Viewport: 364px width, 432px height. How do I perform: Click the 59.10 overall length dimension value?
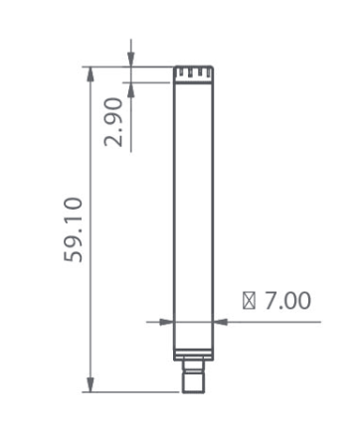point(73,230)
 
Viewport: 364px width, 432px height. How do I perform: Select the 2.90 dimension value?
point(113,122)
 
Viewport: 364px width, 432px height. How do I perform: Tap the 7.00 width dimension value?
point(287,301)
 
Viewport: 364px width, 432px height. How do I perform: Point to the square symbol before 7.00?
point(249,301)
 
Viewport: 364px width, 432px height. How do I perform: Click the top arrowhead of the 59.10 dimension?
point(90,74)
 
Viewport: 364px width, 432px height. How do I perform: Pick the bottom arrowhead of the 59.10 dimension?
point(90,384)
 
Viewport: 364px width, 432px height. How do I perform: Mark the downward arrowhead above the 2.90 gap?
point(131,60)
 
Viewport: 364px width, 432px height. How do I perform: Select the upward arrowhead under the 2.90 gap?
point(131,89)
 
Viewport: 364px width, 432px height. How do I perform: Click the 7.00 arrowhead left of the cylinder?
point(166,322)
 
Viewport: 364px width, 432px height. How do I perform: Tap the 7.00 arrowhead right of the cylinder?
point(220,322)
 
